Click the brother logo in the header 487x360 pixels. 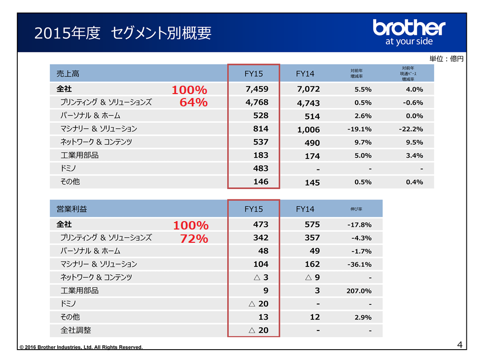point(409,32)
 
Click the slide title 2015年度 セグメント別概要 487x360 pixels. point(123,33)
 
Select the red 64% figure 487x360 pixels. point(189,103)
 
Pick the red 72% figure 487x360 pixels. point(190,239)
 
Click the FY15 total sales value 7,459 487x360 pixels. point(257,90)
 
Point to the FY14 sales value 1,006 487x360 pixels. point(309,130)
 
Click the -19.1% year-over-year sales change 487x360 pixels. point(359,129)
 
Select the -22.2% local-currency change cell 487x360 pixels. point(411,129)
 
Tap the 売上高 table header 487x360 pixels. point(69,74)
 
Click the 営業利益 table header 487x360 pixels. point(72,209)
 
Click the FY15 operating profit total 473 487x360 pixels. point(260,225)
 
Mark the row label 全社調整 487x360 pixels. point(75,330)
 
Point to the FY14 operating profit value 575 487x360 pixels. point(312,225)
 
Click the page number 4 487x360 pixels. point(459,344)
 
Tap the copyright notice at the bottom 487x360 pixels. point(81,347)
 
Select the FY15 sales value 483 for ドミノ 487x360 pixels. point(260,168)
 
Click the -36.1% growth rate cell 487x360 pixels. point(359,264)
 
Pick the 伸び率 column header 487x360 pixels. point(356,209)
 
